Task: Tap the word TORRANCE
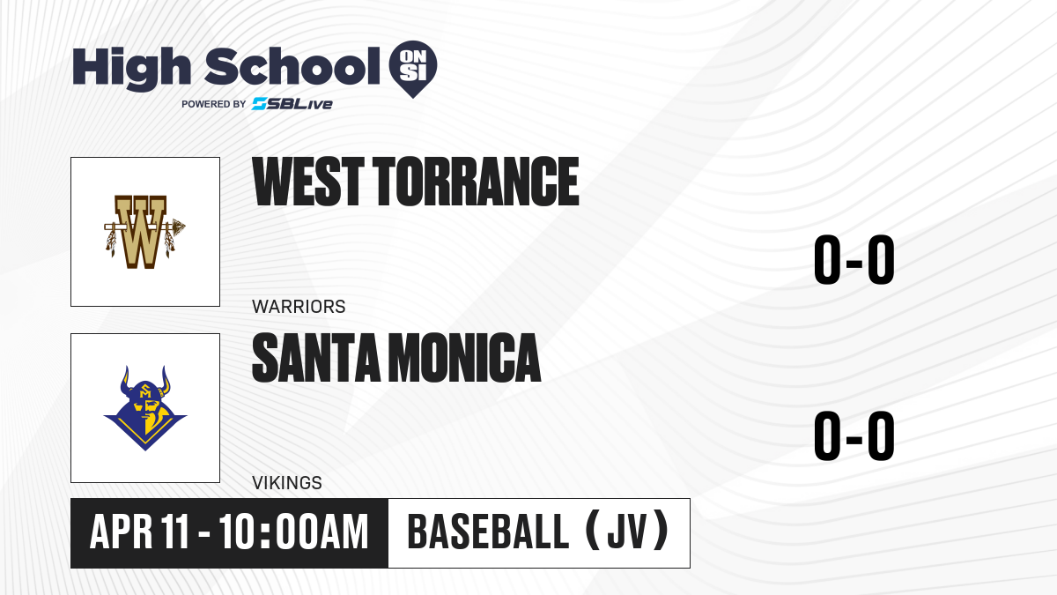[x=477, y=182]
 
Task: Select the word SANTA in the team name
[x=316, y=358]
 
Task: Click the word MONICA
[x=466, y=358]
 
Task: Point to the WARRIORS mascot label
[x=299, y=307]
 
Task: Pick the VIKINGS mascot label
[x=287, y=483]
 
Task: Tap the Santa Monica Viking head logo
[x=145, y=408]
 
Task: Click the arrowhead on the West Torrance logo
[x=179, y=227]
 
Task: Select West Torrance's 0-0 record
[x=854, y=260]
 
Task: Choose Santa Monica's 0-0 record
[x=854, y=436]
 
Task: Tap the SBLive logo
[x=292, y=104]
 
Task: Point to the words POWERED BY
[x=214, y=104]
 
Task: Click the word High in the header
[x=132, y=69]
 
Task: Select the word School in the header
[x=292, y=66]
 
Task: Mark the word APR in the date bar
[x=122, y=532]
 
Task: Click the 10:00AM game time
[x=293, y=532]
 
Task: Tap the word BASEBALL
[x=488, y=532]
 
